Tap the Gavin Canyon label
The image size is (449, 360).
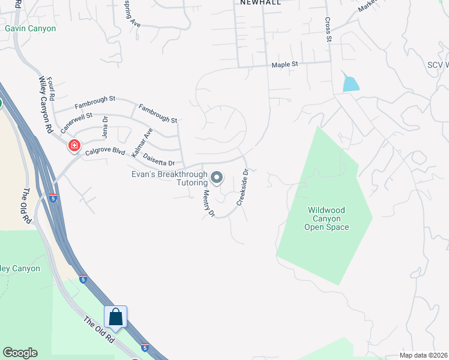(x=30, y=28)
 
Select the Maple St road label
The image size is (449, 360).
(x=285, y=64)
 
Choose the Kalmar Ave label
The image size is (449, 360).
(x=142, y=143)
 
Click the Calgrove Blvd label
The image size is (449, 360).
(x=104, y=152)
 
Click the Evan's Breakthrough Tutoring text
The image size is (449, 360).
(x=170, y=179)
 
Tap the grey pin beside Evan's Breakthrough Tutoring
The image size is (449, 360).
(x=217, y=178)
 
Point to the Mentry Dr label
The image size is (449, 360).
(x=208, y=203)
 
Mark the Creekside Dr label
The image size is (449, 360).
(x=242, y=187)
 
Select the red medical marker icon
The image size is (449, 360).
(x=74, y=145)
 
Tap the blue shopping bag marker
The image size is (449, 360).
(x=115, y=317)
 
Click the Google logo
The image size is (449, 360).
(x=20, y=353)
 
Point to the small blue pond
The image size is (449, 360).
(x=351, y=83)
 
